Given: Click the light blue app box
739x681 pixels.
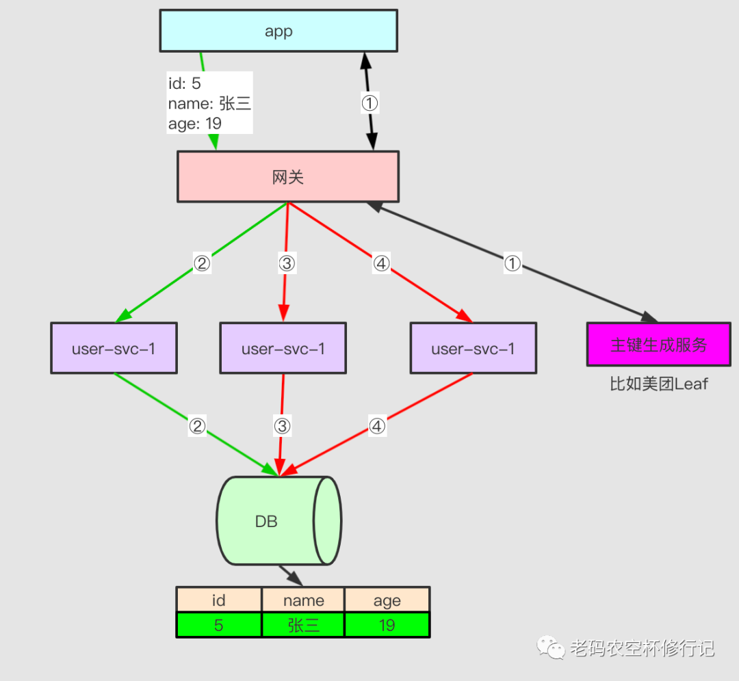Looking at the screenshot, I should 278,31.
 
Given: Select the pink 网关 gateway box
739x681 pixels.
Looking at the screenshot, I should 287,177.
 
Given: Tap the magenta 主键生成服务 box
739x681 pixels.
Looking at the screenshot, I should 658,345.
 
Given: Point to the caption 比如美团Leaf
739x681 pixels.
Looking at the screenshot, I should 658,384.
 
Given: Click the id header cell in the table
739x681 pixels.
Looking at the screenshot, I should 219,600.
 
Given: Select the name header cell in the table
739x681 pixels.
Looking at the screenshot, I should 303,600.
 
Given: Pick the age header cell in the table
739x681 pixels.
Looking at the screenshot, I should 387,600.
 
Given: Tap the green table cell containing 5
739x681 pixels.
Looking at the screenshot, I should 219,625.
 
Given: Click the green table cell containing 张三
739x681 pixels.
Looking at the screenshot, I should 303,625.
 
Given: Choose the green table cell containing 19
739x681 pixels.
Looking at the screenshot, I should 387,625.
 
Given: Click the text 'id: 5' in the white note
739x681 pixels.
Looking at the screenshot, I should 185,83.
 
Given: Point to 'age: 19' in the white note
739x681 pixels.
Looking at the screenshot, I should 195,124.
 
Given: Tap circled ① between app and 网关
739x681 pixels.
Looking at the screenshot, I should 369,103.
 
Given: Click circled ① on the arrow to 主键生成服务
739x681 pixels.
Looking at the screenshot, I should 513,263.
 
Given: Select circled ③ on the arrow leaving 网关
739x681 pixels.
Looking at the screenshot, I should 287,263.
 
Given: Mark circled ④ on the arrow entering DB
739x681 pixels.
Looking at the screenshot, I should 377,426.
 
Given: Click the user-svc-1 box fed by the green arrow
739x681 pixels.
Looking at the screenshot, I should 114,349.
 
